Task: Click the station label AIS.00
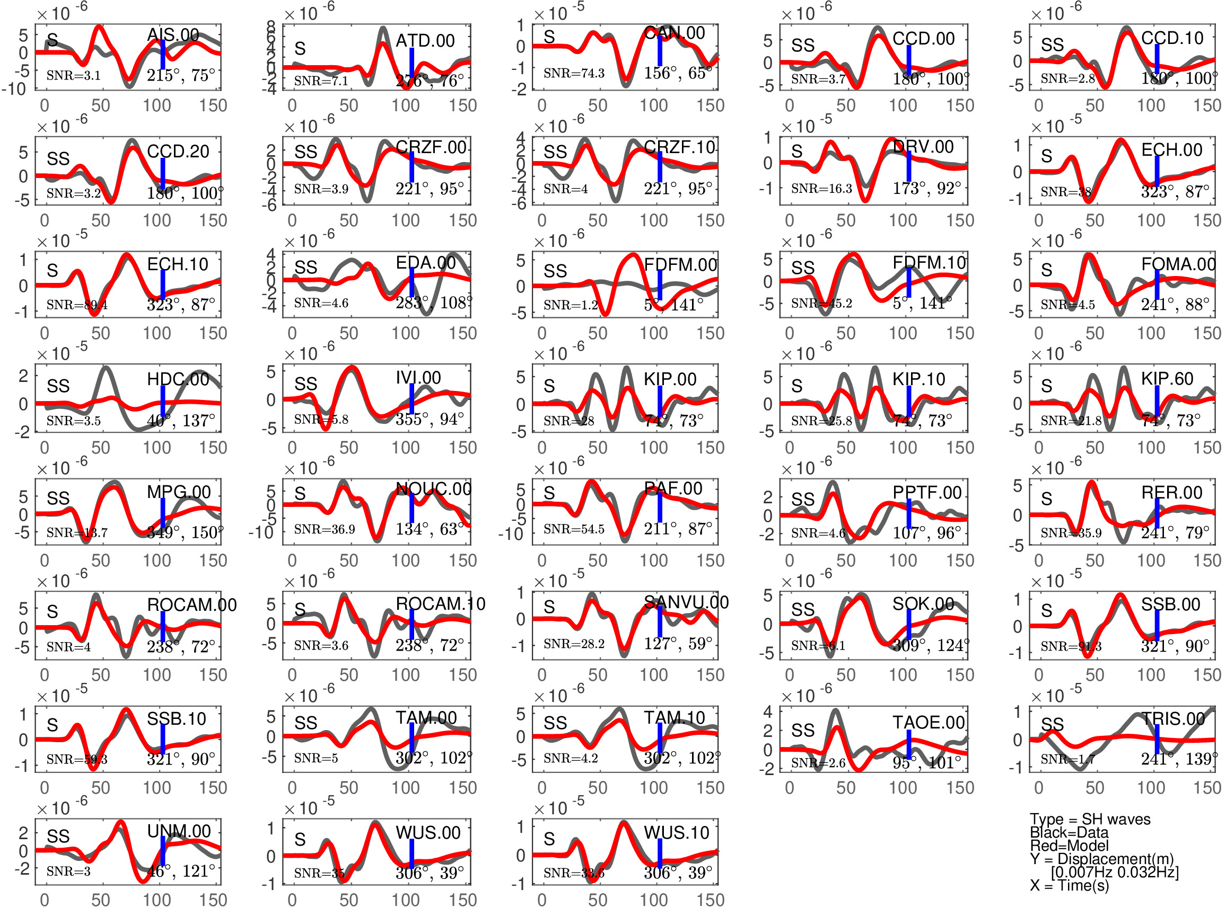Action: tap(172, 35)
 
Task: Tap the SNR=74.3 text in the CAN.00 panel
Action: tap(574, 73)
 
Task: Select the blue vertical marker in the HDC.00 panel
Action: tap(163, 402)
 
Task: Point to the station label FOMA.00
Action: tap(1178, 265)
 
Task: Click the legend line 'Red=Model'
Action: tap(1069, 846)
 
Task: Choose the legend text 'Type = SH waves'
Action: tap(1090, 819)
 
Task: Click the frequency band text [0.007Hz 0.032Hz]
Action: tap(1115, 872)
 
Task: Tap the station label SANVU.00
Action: tap(686, 602)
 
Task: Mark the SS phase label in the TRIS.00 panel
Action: tap(1052, 724)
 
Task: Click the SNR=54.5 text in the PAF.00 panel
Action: tap(574, 529)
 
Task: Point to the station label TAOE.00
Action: tap(929, 723)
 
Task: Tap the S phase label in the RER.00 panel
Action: tap(1046, 499)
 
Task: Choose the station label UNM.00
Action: tap(179, 831)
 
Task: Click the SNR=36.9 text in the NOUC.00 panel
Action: tap(324, 529)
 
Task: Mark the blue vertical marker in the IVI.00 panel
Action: tap(411, 399)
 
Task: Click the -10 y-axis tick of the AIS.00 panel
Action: tap(15, 89)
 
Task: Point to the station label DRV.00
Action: tap(923, 147)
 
